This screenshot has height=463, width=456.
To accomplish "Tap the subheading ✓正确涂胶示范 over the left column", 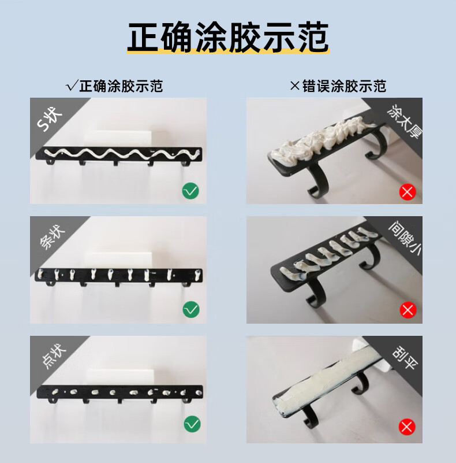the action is tap(114, 86).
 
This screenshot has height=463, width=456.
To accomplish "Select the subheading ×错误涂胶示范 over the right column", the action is tap(338, 86).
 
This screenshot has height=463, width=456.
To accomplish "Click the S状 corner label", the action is tap(50, 119).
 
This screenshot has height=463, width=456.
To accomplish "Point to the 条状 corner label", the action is tap(52, 237).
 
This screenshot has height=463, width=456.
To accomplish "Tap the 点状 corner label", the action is tap(53, 356).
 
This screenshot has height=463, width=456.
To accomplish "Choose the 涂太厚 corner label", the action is tap(405, 121).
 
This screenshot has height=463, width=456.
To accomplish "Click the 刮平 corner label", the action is tap(405, 357).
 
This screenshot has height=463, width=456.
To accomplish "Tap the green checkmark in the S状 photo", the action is tap(190, 191).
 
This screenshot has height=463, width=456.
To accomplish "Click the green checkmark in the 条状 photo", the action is tap(191, 309).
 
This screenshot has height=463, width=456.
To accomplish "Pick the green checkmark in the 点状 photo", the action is tap(192, 424).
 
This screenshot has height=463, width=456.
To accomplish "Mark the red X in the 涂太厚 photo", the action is tap(408, 192).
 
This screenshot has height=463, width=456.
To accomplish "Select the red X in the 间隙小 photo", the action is tap(408, 310).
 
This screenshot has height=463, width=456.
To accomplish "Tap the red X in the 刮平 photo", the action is tap(407, 427).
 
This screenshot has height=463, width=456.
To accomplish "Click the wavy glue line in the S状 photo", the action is tap(122, 154).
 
